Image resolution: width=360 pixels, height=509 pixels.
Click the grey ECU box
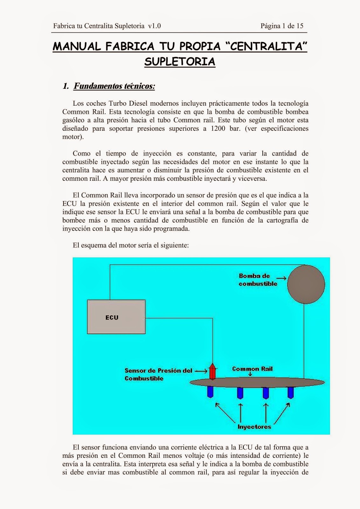point(116,317)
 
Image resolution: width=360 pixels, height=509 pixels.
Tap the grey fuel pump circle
point(306,284)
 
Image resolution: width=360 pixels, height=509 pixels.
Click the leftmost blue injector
point(210,392)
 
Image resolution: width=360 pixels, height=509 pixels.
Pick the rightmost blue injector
point(290,392)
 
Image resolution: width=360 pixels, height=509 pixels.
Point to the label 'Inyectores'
point(254,427)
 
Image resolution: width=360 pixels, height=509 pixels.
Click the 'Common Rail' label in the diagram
point(252,369)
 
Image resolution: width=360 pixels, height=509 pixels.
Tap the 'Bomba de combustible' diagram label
point(258,280)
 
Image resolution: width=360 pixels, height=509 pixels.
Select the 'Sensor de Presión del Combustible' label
point(158,374)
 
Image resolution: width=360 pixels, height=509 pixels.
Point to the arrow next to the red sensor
point(201,371)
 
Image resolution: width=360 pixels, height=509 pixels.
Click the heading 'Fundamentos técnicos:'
point(114,86)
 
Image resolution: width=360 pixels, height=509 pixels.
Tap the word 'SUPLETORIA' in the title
point(180,61)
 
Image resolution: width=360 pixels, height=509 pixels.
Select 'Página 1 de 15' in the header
point(282,26)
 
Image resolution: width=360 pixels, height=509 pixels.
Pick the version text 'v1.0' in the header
point(154,26)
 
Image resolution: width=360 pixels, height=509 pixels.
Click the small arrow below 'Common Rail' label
point(250,374)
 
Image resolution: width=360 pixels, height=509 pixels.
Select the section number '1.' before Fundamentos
point(66,86)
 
